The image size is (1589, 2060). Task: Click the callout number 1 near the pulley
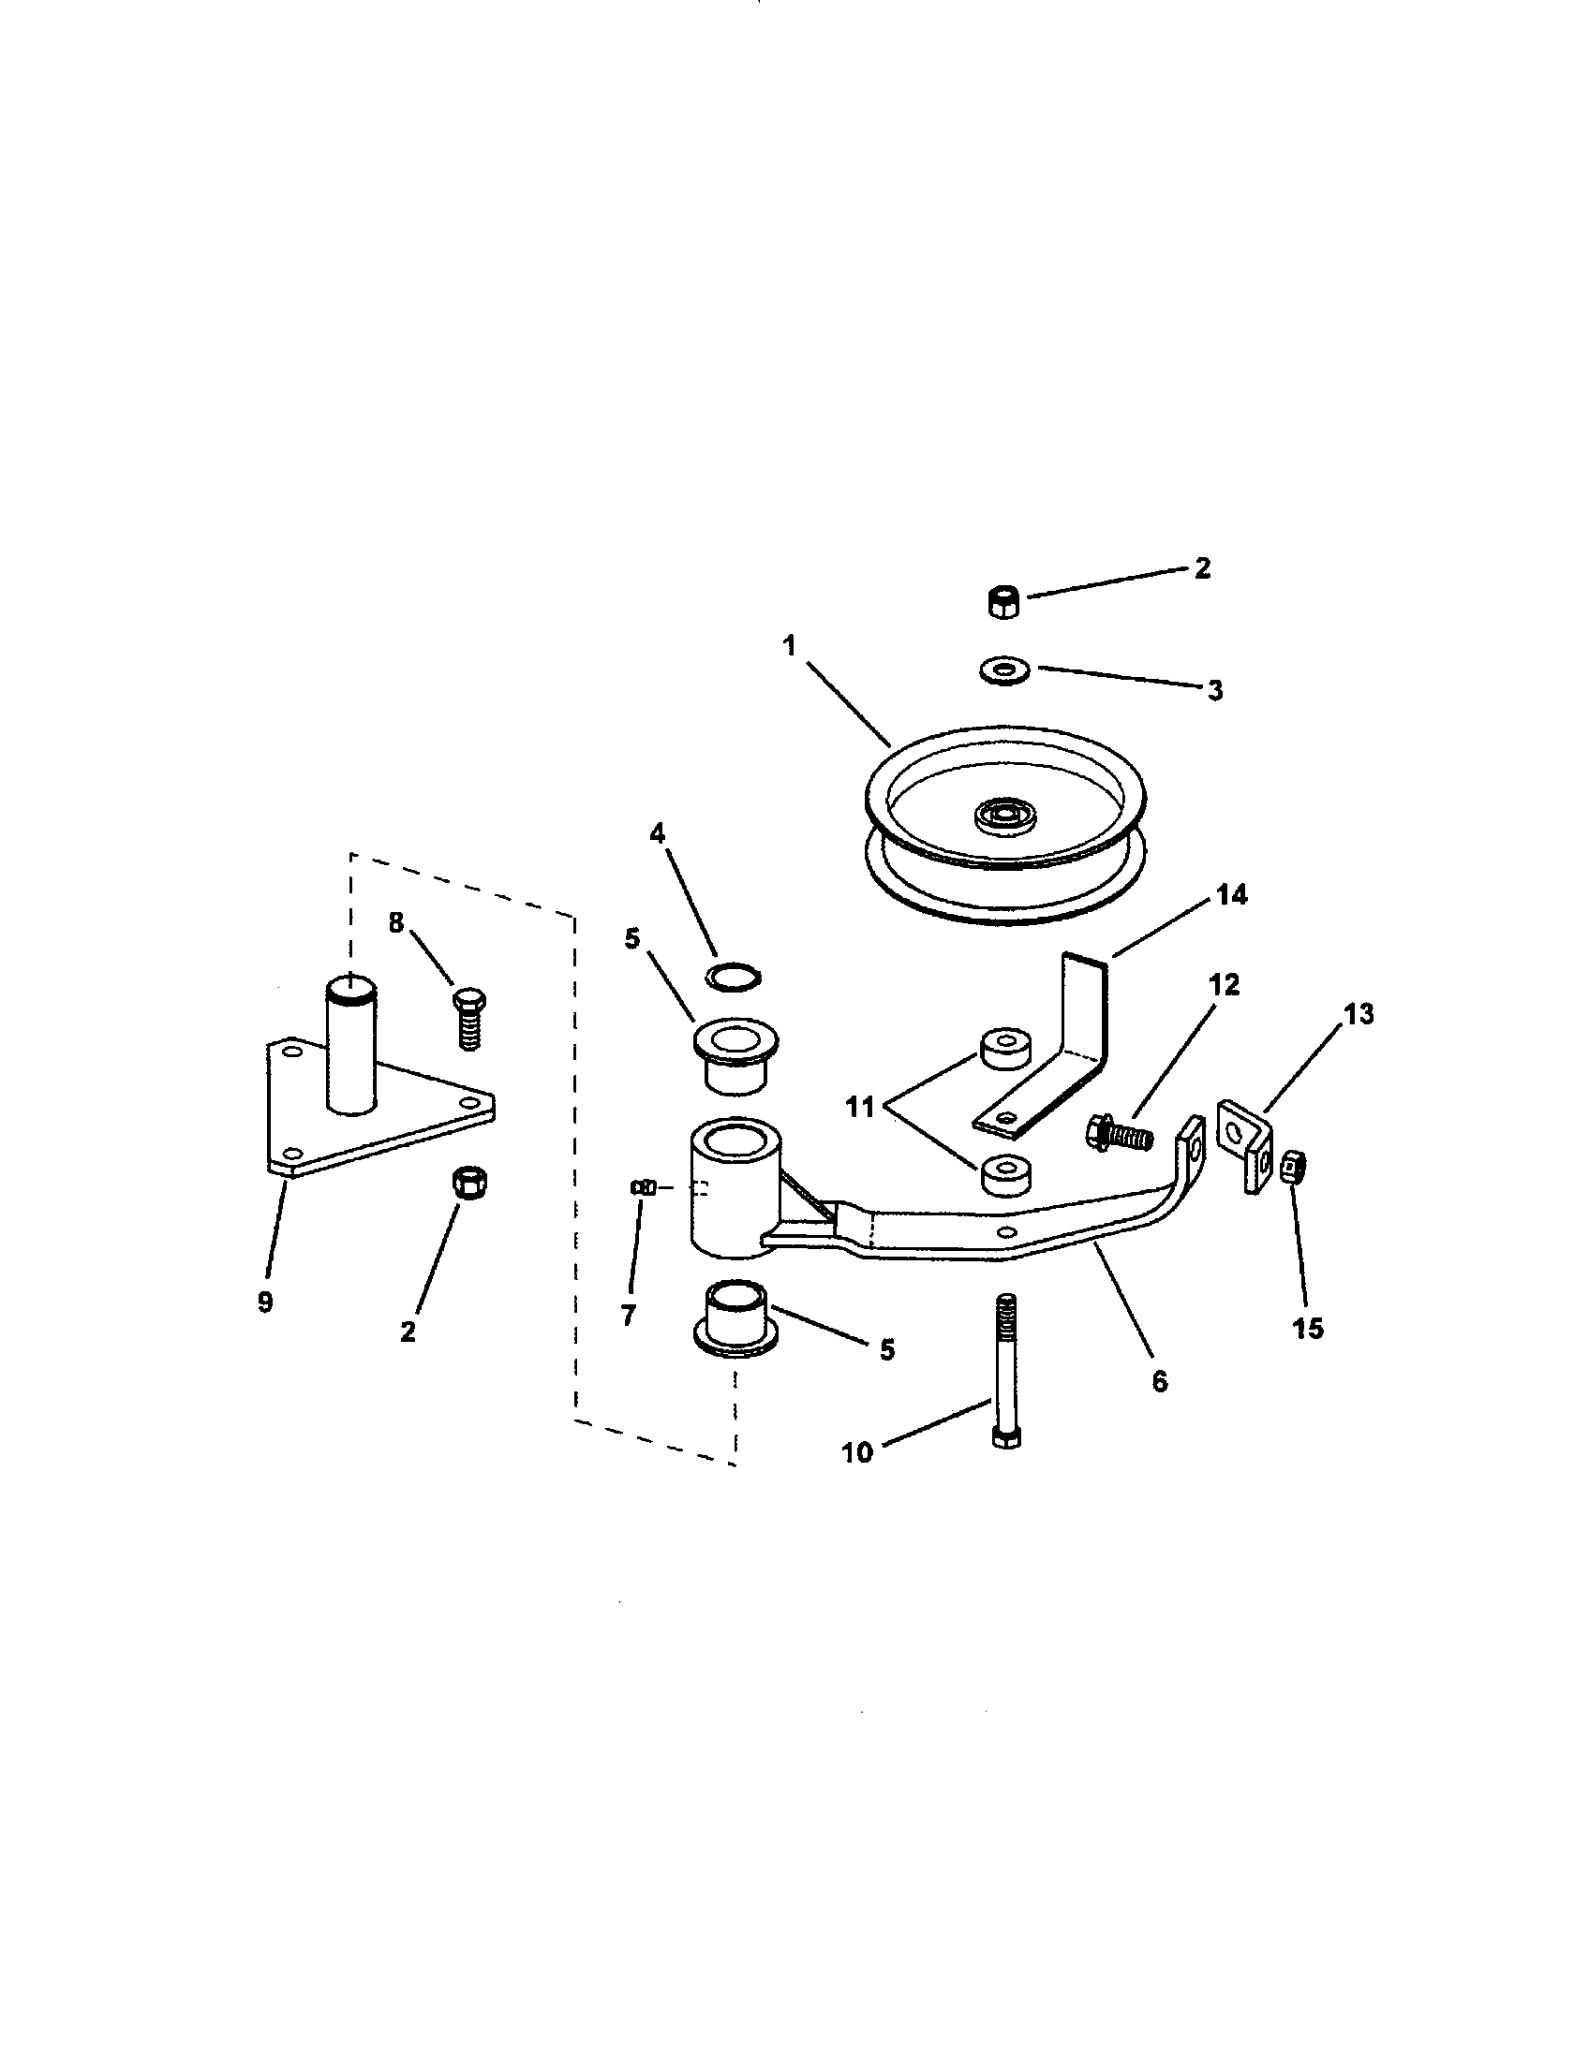[x=789, y=646]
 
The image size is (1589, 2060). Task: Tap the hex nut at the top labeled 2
[x=1004, y=600]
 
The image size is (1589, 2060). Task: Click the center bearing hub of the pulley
[x=1004, y=813]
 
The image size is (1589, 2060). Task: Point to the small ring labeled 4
[x=735, y=977]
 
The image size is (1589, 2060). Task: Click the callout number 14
[x=1230, y=894]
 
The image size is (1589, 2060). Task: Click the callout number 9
[x=265, y=1302]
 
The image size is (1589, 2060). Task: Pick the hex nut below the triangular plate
[x=469, y=1182]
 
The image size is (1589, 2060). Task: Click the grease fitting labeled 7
[x=643, y=1188]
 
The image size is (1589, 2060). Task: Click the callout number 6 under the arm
[x=1160, y=1382]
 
